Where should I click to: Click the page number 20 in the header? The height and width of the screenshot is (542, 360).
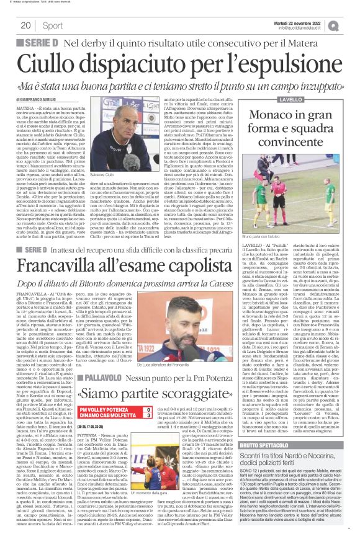[25, 25]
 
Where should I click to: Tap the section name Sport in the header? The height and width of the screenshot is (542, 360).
[53, 25]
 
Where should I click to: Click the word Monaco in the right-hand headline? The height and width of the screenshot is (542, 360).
[295, 115]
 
